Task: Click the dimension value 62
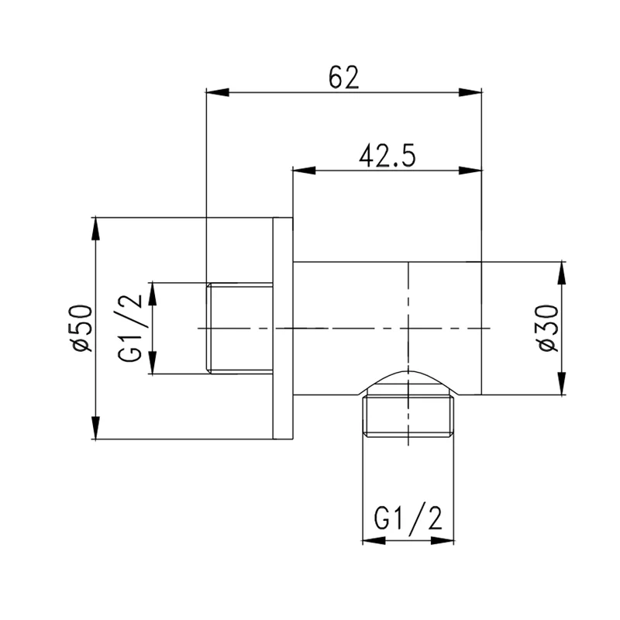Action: click(x=343, y=77)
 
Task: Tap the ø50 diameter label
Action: click(x=81, y=328)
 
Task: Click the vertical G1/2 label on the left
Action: click(x=129, y=328)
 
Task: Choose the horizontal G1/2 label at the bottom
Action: click(x=408, y=517)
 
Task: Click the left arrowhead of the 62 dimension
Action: click(x=218, y=92)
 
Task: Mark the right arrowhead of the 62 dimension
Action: click(x=470, y=92)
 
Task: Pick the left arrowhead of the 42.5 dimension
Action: click(x=304, y=170)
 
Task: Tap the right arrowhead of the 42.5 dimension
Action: click(x=470, y=170)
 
